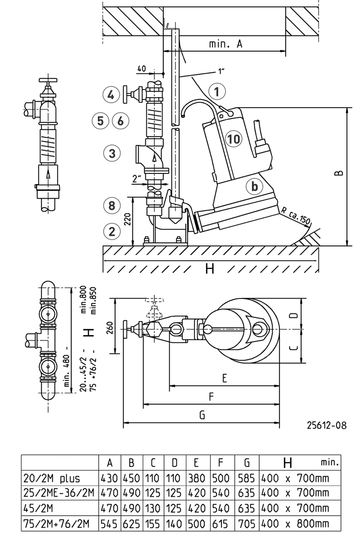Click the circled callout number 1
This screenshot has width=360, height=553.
217,92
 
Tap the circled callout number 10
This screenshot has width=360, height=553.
234,139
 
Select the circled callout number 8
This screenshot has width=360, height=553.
112,206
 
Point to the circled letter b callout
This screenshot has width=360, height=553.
255,186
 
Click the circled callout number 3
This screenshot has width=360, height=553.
112,153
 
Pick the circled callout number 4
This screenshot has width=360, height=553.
112,95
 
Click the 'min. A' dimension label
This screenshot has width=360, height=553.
226,44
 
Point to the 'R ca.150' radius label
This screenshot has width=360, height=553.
295,216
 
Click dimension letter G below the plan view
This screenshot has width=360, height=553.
202,416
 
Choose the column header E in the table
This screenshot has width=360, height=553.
197,463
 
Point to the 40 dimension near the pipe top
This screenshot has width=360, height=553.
142,69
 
